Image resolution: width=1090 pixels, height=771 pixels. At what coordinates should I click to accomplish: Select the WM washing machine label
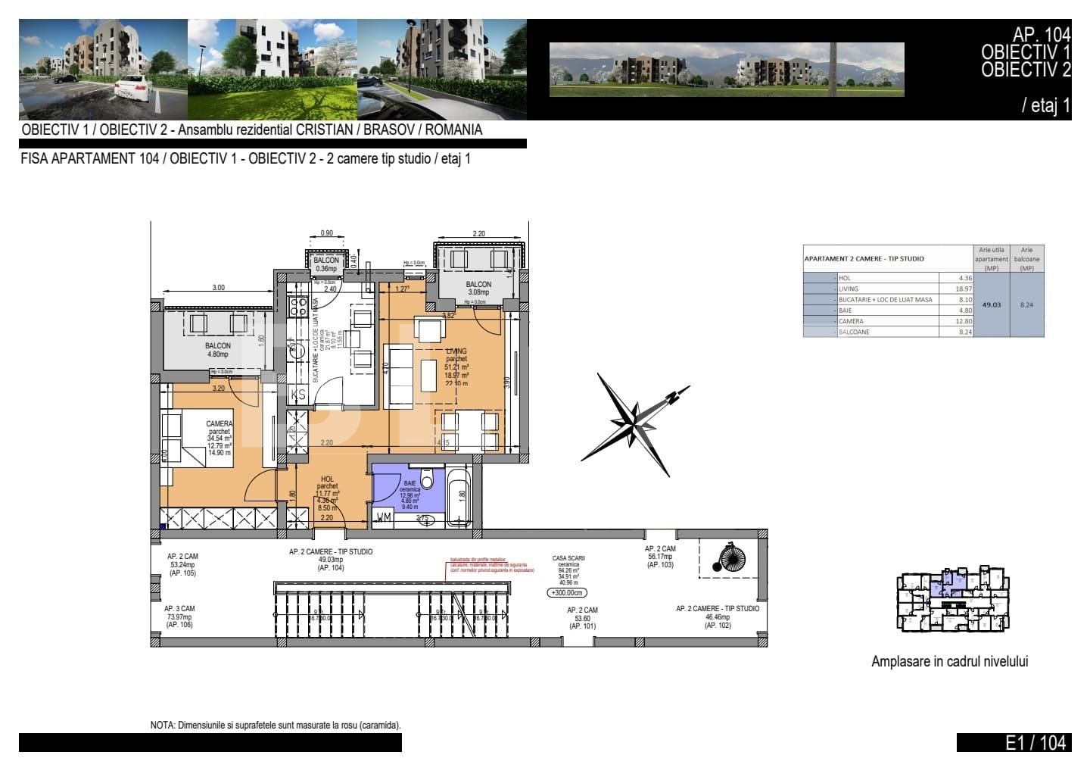point(385,518)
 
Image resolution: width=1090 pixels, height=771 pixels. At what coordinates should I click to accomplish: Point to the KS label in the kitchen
point(298,394)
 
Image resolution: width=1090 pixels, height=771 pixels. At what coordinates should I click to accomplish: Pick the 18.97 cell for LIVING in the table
point(958,289)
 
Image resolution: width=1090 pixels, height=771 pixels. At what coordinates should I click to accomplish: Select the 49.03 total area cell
point(991,304)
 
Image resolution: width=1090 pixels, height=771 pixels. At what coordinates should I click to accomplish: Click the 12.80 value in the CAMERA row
point(958,321)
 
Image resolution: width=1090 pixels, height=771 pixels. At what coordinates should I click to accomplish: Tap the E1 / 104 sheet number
point(1035,743)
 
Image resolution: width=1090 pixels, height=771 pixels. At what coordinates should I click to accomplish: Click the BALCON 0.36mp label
point(326,264)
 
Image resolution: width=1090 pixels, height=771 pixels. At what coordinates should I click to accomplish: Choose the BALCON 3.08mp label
point(478,289)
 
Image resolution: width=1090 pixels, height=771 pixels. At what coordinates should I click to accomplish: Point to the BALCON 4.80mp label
point(218,349)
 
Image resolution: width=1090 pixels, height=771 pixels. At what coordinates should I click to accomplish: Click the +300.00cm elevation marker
point(568,594)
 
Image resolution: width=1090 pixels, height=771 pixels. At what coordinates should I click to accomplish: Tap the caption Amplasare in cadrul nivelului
point(949,661)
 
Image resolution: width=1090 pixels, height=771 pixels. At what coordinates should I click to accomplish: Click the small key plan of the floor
point(953,598)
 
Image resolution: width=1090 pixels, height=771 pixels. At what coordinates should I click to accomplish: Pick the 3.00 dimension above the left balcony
point(218,288)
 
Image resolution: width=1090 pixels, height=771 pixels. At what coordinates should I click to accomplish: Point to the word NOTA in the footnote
point(162,725)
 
